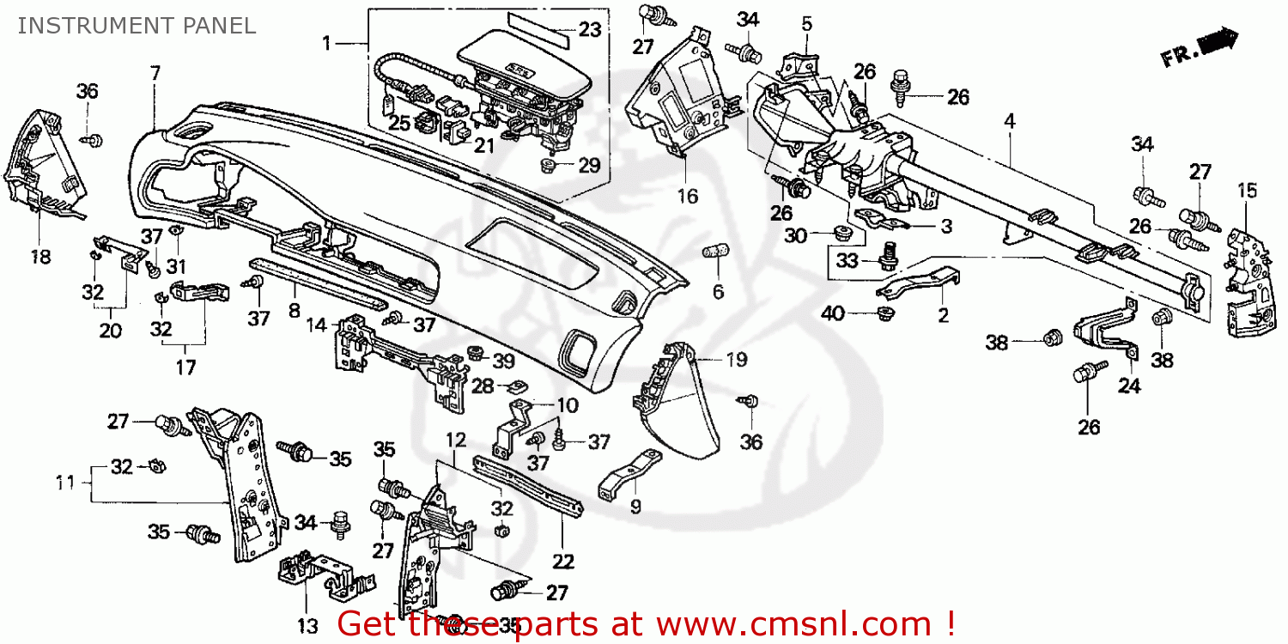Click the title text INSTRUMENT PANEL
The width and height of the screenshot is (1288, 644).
pos(137,26)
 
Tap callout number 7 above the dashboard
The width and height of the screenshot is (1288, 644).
pos(155,74)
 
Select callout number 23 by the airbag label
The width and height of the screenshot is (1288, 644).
pos(589,30)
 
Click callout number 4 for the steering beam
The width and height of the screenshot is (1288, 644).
pos(1010,122)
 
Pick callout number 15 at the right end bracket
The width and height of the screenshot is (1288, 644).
pos(1246,191)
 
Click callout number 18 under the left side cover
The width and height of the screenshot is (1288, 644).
pos(40,256)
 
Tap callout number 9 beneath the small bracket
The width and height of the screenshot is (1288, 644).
pos(635,507)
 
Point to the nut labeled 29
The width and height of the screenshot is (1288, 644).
pos(548,163)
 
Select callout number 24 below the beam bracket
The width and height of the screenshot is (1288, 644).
pos(1128,386)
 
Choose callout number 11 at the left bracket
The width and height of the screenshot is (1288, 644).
pos(66,483)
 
